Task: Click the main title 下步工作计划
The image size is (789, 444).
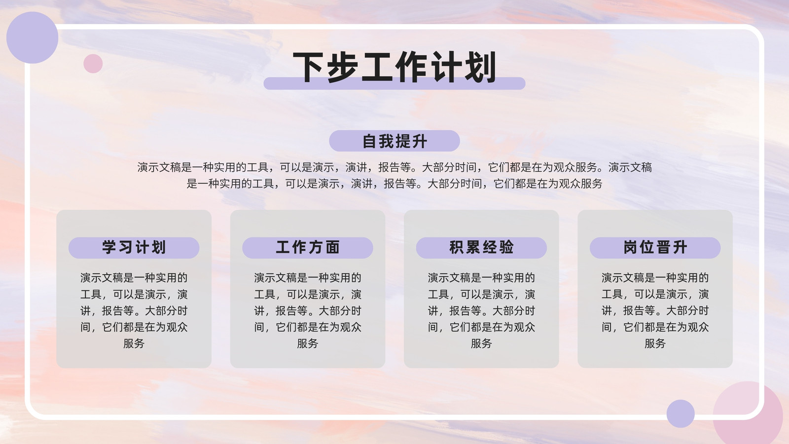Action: [394, 67]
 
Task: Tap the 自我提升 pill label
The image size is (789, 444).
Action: [394, 141]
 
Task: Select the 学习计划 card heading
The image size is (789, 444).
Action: [134, 247]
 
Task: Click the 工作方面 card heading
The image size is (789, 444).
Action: [308, 247]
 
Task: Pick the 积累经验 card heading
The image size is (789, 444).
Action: [481, 247]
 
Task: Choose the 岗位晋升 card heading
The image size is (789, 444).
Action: [655, 247]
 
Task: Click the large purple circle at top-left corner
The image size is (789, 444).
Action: [33, 37]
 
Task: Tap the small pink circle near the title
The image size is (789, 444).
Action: [93, 64]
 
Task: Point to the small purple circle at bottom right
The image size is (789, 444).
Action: [681, 414]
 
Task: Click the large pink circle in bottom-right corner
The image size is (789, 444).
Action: [754, 416]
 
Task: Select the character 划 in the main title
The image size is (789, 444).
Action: [481, 67]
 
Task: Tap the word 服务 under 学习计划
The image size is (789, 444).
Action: [134, 343]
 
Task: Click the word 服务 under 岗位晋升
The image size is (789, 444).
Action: [655, 343]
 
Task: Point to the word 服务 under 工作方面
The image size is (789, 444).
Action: [308, 343]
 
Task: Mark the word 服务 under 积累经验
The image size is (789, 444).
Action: [481, 343]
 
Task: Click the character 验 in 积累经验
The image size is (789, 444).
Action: [506, 247]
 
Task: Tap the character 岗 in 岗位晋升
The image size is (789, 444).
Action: [631, 247]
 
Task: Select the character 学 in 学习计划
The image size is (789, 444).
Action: [109, 247]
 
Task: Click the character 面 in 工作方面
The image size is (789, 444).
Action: [332, 247]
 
